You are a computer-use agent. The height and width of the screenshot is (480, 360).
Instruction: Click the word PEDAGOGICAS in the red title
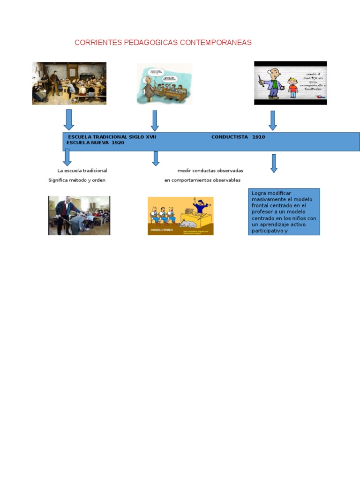[x=151, y=43]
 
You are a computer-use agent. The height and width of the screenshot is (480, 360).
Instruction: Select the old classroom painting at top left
[x=69, y=83]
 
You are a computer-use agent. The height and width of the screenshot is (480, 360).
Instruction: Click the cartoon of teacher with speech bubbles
[x=164, y=84]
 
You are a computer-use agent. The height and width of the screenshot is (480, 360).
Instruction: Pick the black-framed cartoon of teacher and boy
[x=290, y=83]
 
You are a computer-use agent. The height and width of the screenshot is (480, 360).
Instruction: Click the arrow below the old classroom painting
[x=69, y=120]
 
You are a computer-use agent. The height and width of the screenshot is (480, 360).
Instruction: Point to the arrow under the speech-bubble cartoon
[x=155, y=120]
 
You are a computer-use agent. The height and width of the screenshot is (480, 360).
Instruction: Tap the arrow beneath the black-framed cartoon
[x=273, y=120]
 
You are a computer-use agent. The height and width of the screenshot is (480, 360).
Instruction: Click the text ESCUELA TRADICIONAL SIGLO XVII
[x=112, y=137]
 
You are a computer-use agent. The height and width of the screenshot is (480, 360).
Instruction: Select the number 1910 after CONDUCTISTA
[x=258, y=137]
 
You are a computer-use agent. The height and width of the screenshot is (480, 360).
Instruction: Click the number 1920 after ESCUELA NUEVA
[x=118, y=142]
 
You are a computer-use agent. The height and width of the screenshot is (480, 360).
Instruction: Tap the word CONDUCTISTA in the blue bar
[x=230, y=137]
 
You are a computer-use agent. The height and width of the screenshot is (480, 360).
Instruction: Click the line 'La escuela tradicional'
[x=82, y=171]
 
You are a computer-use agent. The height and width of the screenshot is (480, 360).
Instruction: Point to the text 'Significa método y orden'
[x=77, y=180]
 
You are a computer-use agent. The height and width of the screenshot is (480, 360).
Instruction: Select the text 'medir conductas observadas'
[x=210, y=171]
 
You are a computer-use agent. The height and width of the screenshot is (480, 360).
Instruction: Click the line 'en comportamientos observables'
[x=202, y=180]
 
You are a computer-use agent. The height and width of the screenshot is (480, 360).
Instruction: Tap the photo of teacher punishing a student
[x=79, y=215]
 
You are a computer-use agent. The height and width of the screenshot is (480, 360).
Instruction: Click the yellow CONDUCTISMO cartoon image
[x=180, y=216]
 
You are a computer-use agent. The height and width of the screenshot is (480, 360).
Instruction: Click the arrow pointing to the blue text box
[x=274, y=163]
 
